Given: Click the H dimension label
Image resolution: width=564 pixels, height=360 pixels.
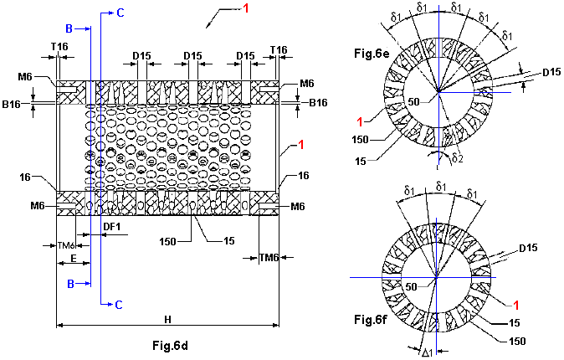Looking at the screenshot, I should click(x=167, y=319).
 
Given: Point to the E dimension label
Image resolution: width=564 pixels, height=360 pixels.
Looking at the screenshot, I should click(x=74, y=260).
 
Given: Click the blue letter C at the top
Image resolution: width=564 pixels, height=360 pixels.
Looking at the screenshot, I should click(x=120, y=12).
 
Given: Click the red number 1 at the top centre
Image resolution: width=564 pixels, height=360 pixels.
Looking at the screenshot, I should click(x=246, y=9).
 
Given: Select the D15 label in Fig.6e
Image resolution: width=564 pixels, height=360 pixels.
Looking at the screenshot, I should click(x=550, y=72).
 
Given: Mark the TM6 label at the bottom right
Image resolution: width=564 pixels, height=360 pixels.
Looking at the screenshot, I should click(x=269, y=257).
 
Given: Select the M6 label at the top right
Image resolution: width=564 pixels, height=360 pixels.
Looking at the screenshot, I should click(x=307, y=83).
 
